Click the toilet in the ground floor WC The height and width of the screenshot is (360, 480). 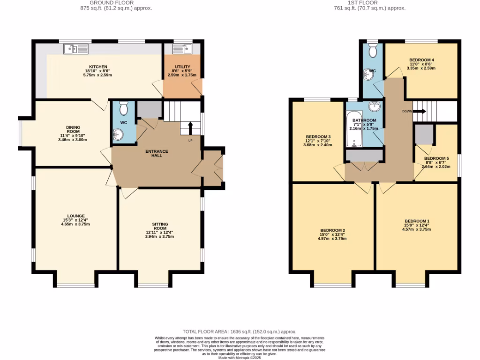click(124, 109)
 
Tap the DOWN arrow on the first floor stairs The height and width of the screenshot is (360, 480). click(418, 112)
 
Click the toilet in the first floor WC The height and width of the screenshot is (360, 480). click(373, 50)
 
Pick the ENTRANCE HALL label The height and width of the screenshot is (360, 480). click(157, 153)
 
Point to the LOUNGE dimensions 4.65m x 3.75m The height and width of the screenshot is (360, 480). click(75, 224)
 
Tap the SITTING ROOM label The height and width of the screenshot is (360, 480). click(160, 227)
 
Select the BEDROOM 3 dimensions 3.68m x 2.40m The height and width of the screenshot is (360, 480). click(317, 145)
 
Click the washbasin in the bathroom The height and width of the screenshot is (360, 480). click(374, 107)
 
